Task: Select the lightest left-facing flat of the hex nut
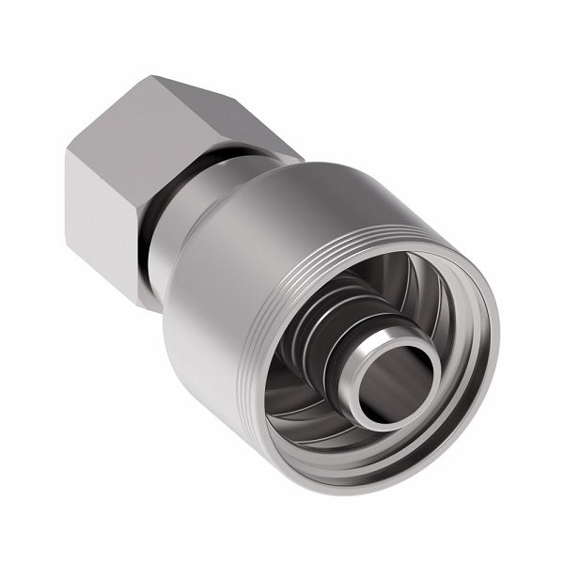click(99, 226)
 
